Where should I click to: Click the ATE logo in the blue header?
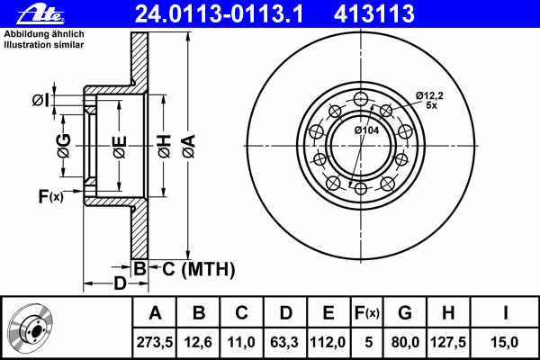[x=40, y=14]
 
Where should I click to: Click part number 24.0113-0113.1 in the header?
[x=219, y=13]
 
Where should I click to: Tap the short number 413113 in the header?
[x=374, y=13]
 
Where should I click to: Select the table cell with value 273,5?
[x=155, y=342]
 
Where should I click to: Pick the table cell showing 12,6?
[x=198, y=342]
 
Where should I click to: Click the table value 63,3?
[x=284, y=342]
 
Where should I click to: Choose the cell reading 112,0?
[x=328, y=342]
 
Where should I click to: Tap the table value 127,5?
[x=448, y=342]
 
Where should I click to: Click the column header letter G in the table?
[x=405, y=313]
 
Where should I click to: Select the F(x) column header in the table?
[x=367, y=313]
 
